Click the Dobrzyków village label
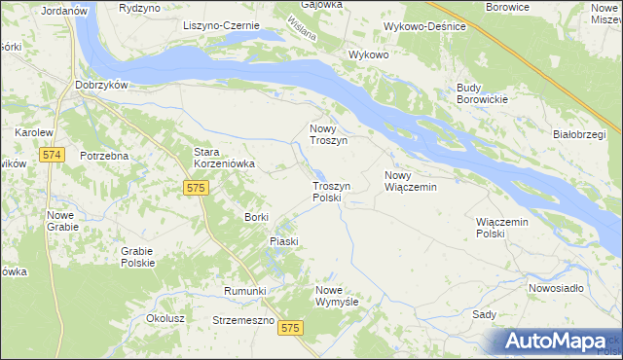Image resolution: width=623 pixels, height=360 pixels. tap(102, 86)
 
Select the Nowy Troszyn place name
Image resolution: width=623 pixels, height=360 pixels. tap(329, 134)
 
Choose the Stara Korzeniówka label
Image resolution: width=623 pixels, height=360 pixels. tap(224, 159)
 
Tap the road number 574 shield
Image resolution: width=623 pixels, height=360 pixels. tap(53, 156)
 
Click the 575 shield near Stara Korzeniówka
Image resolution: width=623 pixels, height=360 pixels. tap(196, 187)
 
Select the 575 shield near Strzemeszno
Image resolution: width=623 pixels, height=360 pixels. tap(289, 330)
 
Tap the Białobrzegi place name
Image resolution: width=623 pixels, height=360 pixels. tap(579, 133)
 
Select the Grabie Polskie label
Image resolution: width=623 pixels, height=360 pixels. tap(138, 257)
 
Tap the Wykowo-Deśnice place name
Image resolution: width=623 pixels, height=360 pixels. tap(423, 25)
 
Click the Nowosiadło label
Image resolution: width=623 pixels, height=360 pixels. tap(556, 288)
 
